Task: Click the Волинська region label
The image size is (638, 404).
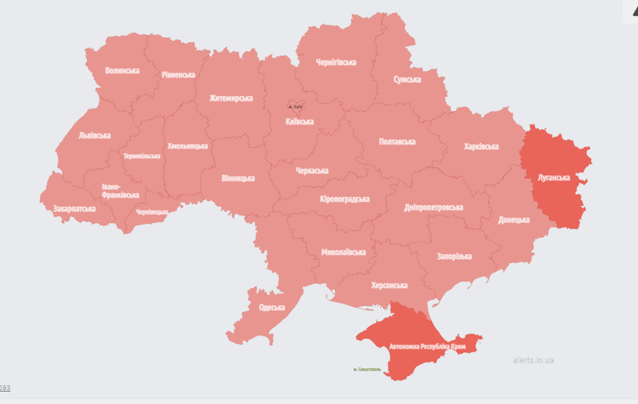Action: coord(122,70)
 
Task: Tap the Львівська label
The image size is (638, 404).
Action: coord(94,135)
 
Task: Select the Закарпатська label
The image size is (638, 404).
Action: coord(74,208)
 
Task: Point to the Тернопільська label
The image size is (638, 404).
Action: coord(142,156)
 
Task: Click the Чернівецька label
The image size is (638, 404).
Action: coord(152,212)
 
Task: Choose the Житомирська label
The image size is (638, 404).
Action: coord(231,98)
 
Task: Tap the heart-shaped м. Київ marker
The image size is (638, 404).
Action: coord(295,107)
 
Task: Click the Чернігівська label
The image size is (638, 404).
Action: coord(336,62)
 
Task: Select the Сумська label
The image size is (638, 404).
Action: coord(407,79)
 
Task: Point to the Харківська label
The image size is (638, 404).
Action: coord(481,146)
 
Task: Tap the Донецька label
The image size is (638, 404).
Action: coord(514,220)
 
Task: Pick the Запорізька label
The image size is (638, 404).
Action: coord(454,256)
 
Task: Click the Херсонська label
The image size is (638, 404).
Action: coord(389,285)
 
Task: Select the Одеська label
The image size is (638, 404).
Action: coord(272,308)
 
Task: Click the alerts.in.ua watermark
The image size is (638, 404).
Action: coord(533,360)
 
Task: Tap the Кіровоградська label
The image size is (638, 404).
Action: coord(345,199)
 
